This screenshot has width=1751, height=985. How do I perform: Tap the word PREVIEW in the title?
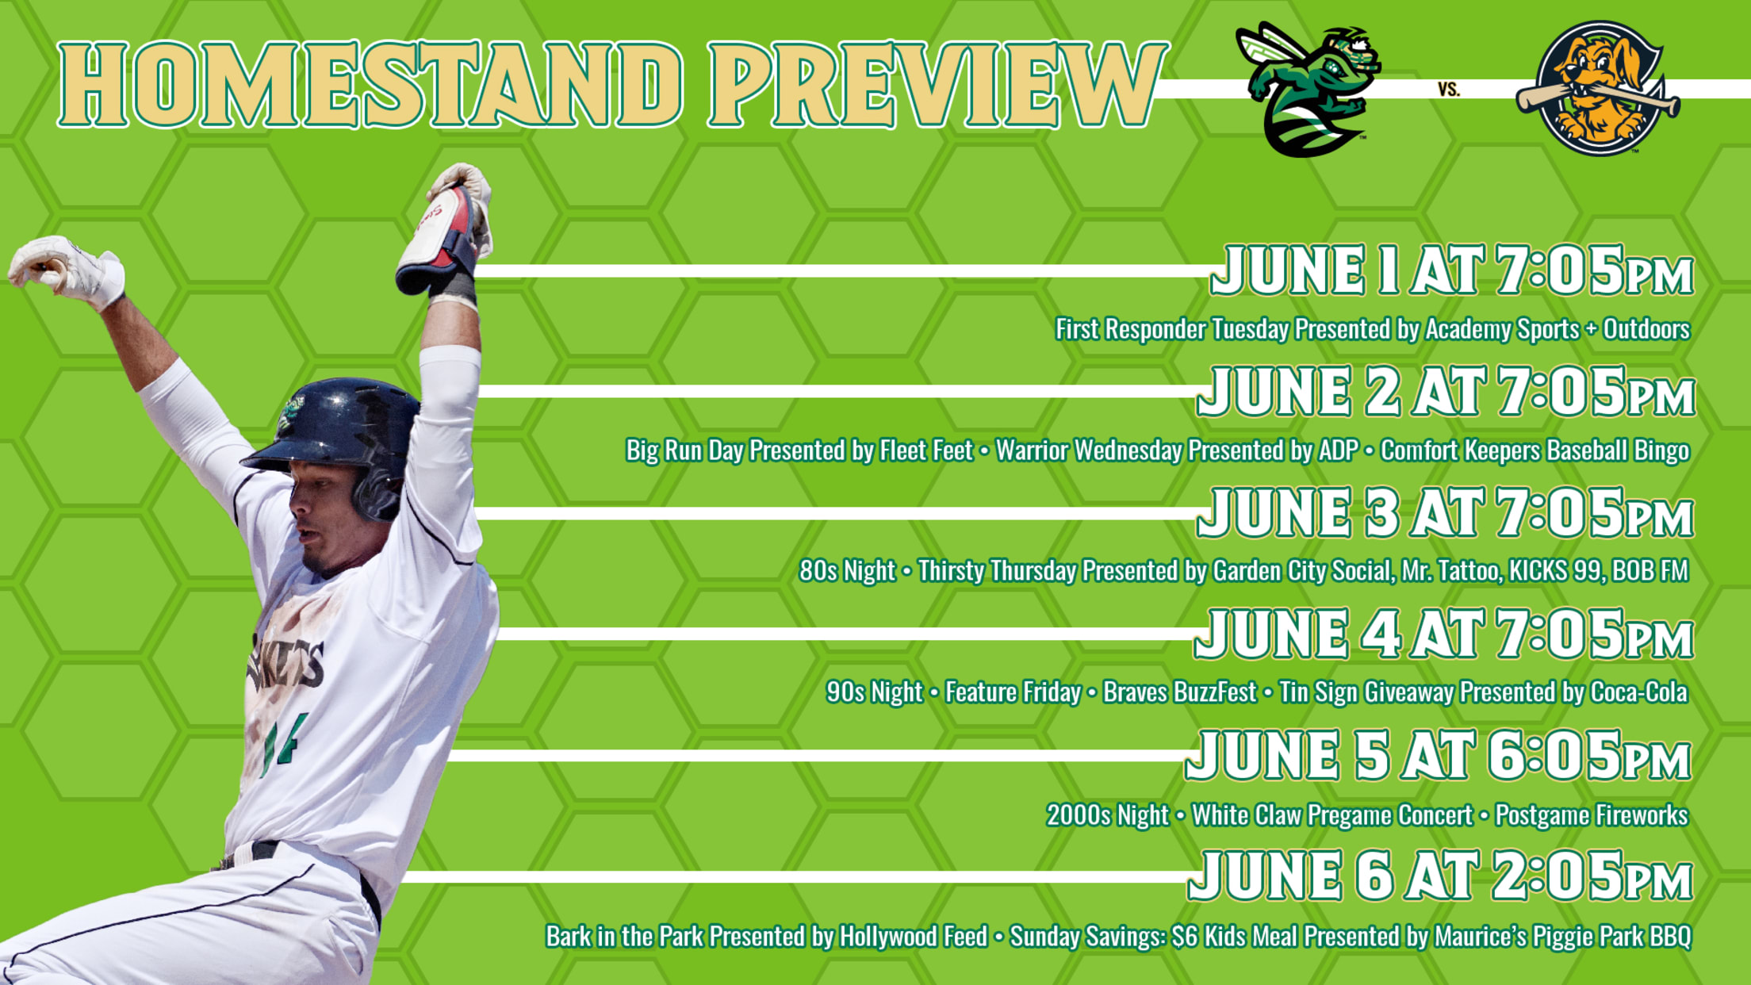click(938, 84)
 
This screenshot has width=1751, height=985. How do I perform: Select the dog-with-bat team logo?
click(1597, 88)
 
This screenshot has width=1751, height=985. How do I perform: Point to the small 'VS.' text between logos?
click(1449, 90)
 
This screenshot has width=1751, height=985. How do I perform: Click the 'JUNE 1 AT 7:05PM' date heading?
click(1452, 270)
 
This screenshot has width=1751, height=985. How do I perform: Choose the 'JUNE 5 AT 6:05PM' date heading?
click(1438, 755)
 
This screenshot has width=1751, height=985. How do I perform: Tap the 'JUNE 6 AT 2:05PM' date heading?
click(1440, 876)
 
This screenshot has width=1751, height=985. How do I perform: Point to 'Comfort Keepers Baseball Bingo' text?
click(1535, 450)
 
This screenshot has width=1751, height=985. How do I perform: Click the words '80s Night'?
click(847, 571)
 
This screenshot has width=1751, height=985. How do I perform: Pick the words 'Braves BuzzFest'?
click(1179, 692)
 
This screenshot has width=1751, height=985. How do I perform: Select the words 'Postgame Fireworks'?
click(1592, 815)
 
